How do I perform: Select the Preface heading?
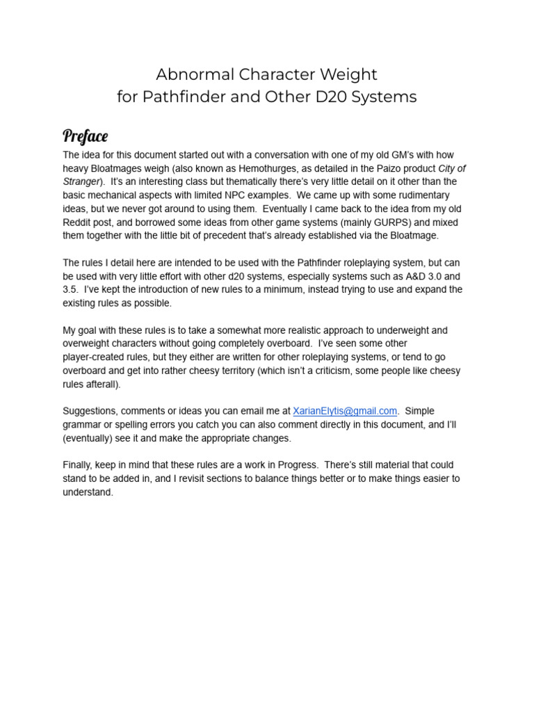tap(85, 135)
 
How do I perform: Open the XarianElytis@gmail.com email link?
tap(345, 411)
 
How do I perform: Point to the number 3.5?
tap(70, 290)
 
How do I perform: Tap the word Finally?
tap(78, 464)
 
